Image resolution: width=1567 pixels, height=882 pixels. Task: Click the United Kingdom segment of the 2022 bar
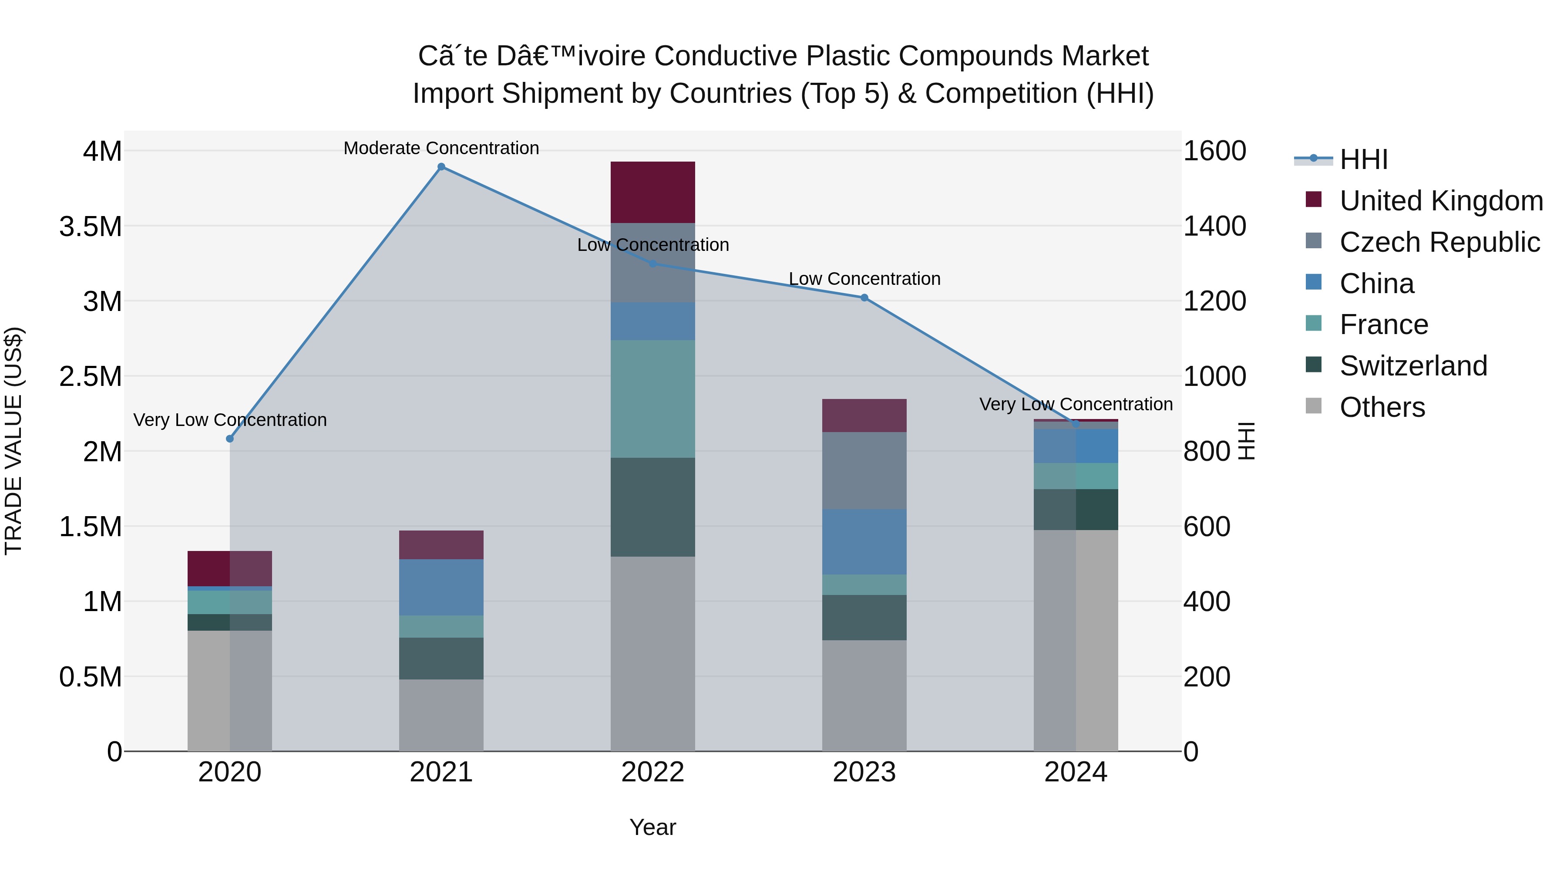(x=653, y=193)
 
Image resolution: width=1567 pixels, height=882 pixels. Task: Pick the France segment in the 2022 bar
(x=653, y=399)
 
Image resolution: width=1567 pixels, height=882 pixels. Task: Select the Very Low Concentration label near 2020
(x=230, y=420)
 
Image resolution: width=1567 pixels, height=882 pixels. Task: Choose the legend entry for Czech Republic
(x=1439, y=242)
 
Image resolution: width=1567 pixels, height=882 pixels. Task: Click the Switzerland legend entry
(x=1413, y=366)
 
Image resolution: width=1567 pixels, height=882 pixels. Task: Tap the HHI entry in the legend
(x=1363, y=159)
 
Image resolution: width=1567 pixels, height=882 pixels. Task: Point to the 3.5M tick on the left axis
(x=91, y=226)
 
